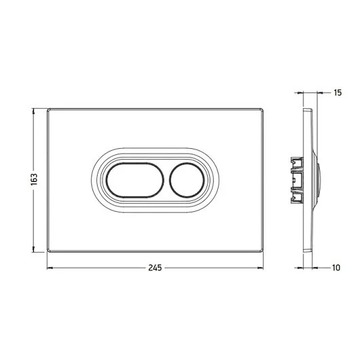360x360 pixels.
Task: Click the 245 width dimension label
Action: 155,268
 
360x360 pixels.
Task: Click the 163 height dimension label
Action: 34,179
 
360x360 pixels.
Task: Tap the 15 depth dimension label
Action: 338,93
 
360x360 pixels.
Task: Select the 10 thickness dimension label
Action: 336,268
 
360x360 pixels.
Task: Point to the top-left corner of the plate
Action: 48,109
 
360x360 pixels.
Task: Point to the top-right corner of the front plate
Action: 263,109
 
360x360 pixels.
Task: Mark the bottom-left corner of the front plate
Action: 48,252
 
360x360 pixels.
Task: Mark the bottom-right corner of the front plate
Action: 263,252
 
